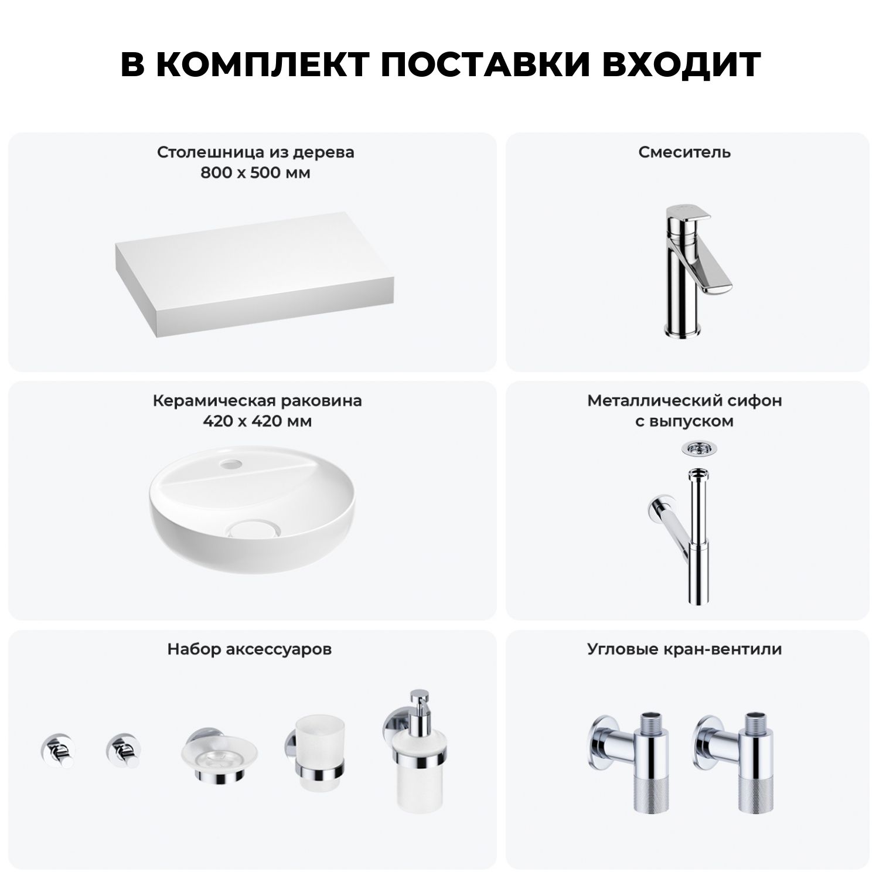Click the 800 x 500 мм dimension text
(255, 173)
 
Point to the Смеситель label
(684, 152)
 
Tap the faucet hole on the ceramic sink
(230, 466)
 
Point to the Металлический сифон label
(684, 401)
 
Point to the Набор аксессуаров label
(250, 649)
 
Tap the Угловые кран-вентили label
(684, 649)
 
